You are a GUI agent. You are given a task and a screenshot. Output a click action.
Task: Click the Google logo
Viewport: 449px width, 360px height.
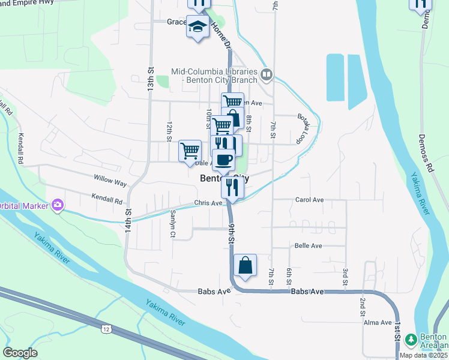point(20,352)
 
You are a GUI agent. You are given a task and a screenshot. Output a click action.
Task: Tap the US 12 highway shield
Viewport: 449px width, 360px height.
point(106,329)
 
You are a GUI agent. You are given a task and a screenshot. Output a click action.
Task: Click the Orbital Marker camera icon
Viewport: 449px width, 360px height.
point(58,206)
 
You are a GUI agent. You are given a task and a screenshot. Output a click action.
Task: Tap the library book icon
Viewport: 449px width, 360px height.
point(267,75)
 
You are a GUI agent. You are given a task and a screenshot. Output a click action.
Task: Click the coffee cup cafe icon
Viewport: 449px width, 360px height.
point(224,160)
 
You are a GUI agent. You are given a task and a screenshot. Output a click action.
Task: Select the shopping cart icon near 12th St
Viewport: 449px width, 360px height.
point(190,150)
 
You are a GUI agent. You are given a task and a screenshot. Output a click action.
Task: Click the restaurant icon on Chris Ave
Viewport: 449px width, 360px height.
point(232,186)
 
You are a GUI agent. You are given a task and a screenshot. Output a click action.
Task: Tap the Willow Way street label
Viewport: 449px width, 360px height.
point(110,179)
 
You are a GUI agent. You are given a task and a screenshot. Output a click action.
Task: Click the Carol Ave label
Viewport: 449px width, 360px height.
point(310,200)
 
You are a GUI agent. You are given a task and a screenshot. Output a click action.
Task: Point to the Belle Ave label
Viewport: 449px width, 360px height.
point(309,246)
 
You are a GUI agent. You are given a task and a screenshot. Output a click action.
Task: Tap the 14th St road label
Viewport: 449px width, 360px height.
point(128,217)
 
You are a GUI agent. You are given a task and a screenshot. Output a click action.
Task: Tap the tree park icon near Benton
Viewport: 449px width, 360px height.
point(411,340)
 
